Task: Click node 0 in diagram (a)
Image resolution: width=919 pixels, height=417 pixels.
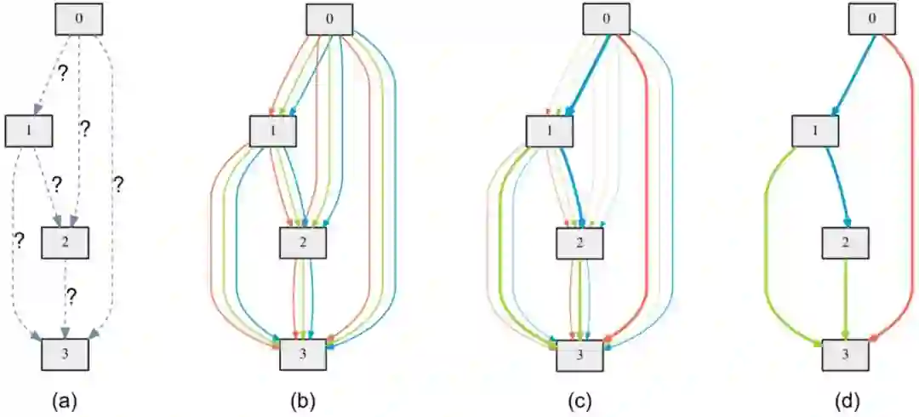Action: (x=79, y=19)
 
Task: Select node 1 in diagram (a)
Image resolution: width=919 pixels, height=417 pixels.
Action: (x=30, y=129)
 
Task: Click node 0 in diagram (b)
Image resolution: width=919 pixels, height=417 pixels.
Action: (x=330, y=19)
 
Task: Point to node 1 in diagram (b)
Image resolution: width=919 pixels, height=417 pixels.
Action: (x=273, y=129)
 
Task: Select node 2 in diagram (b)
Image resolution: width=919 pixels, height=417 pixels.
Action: (x=304, y=243)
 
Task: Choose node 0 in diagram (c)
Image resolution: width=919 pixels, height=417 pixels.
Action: (x=606, y=19)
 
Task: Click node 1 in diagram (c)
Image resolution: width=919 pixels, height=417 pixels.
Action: (x=550, y=129)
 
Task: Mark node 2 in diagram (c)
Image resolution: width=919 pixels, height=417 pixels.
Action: (x=580, y=243)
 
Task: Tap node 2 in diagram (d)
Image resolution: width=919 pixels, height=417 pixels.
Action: (x=845, y=243)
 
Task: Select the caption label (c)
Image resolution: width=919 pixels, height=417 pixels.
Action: (x=580, y=397)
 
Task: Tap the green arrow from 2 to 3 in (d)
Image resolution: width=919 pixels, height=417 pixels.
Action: (x=845, y=298)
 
